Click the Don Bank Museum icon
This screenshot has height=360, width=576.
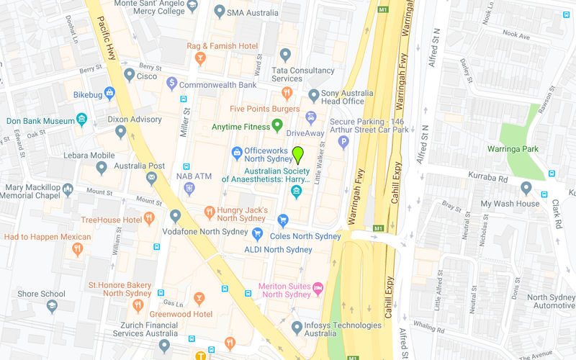point(82,120)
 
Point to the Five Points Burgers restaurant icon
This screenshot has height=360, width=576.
point(287,93)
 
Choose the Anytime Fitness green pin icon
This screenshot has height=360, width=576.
point(277,127)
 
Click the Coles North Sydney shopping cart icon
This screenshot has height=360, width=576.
point(283,220)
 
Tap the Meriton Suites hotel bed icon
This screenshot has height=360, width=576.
point(318,288)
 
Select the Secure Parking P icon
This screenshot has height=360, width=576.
point(343,142)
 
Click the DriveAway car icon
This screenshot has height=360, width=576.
point(310,117)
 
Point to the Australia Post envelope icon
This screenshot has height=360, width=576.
point(152,177)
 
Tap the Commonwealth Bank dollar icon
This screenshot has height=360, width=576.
point(171,84)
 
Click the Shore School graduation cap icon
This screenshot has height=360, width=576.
point(52,306)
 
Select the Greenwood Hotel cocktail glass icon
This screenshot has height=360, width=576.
point(199,298)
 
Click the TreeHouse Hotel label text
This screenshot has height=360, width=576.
point(111,220)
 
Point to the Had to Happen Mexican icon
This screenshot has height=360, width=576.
point(78,249)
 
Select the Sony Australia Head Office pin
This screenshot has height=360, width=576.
point(313,95)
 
